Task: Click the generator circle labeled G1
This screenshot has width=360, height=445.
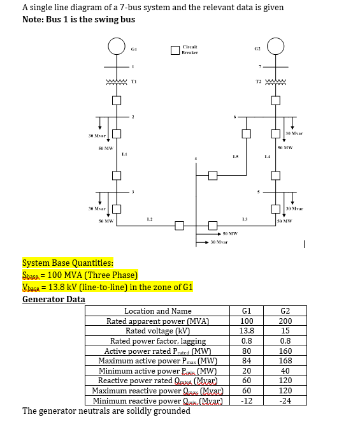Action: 116,47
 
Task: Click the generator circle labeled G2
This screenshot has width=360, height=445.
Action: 275,47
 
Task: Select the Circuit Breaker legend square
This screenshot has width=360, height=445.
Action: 175,50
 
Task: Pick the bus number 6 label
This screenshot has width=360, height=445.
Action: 235,117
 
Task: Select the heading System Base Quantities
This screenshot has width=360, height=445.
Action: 68,263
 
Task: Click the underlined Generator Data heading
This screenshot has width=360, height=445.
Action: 54,299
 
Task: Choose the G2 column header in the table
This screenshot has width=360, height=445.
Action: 285,311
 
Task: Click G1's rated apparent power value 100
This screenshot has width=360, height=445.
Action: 247,321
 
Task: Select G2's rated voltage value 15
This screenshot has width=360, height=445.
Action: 285,331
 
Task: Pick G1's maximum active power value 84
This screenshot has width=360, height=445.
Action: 247,361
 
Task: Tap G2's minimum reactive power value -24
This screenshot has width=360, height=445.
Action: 285,401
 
